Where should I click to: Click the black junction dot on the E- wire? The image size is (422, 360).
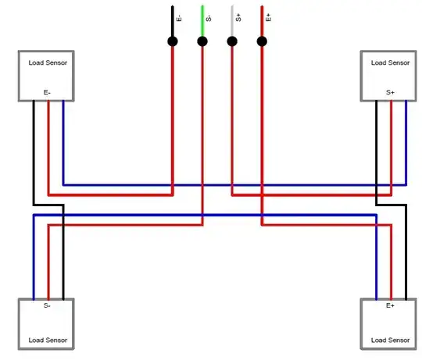(172, 41)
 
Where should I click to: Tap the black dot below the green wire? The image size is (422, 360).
(202, 41)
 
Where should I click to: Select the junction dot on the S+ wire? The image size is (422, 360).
(231, 41)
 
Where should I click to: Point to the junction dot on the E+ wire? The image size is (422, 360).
(262, 41)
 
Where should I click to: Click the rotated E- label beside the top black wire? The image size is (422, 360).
(180, 16)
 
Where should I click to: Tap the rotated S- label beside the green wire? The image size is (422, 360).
(209, 16)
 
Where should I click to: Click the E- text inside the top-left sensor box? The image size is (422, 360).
(48, 92)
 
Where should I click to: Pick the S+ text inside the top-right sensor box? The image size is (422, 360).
(390, 92)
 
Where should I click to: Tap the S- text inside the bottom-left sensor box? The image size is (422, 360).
(48, 306)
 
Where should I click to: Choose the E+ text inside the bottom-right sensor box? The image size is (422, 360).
(390, 306)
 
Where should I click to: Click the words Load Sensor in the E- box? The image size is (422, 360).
(48, 62)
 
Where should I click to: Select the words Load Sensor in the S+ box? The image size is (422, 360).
(390, 62)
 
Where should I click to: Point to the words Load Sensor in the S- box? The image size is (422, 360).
(48, 340)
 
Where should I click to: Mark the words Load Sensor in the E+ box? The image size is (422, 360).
(390, 340)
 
